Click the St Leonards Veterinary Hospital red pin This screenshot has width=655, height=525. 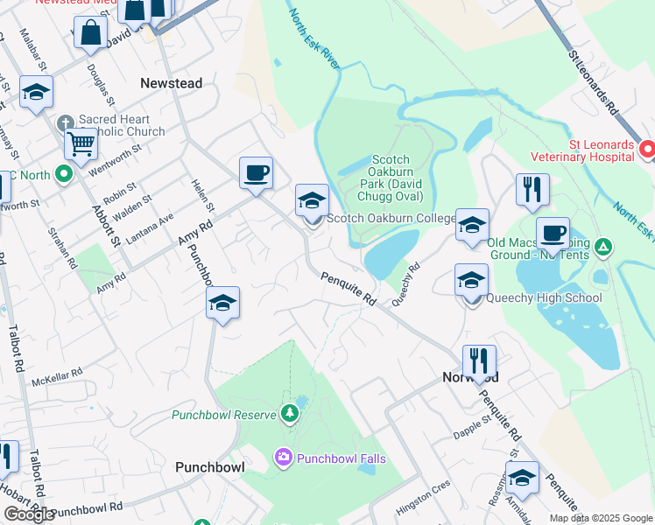point(647,149)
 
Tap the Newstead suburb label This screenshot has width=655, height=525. point(172,83)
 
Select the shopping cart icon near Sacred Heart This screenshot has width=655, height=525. point(81,144)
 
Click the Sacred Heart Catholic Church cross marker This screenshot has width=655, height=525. point(65,122)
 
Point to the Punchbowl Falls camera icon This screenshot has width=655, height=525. point(283,457)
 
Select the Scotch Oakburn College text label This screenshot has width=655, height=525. point(391,218)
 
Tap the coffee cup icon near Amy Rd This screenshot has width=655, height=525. point(256,172)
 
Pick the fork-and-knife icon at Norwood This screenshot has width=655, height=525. point(479,360)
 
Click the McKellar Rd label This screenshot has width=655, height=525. point(56,376)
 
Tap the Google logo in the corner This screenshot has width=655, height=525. point(29,514)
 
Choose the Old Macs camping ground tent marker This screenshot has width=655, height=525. point(602,248)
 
